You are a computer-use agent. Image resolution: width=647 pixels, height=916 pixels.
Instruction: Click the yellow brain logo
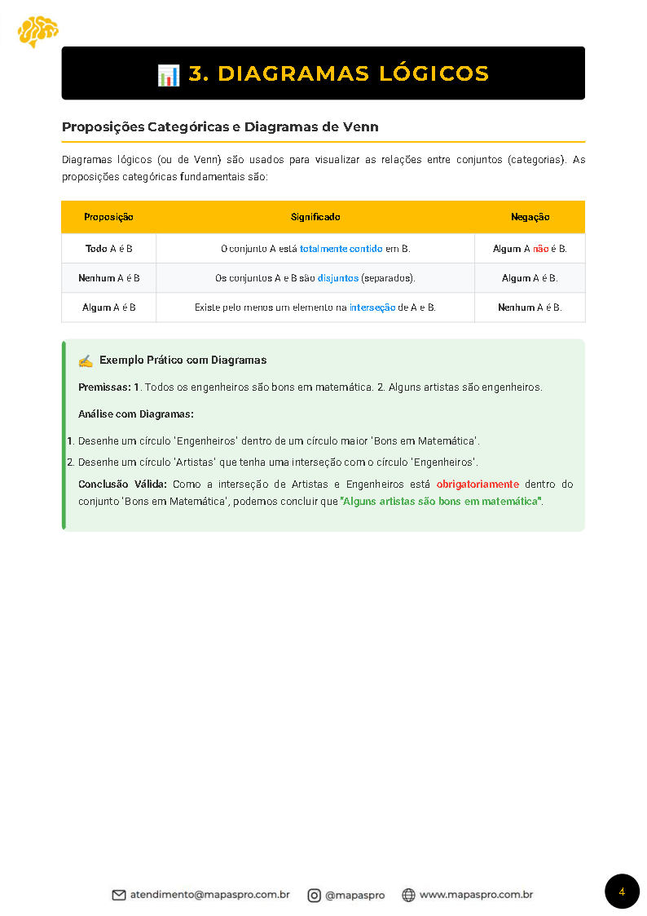point(37,31)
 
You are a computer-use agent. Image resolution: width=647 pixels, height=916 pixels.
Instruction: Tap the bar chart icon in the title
point(169,74)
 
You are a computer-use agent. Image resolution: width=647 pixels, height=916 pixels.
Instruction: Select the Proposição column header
point(108,217)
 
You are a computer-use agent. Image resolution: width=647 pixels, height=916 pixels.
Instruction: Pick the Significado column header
point(315,217)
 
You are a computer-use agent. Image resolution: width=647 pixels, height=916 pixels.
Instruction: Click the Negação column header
point(530,217)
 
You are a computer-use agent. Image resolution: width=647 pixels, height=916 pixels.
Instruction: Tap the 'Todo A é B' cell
point(108,249)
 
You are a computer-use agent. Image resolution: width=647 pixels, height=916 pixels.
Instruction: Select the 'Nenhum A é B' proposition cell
point(108,278)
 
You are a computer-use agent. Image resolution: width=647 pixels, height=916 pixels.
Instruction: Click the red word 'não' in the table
point(540,249)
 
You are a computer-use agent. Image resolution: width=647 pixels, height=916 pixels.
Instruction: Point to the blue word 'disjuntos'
point(337,278)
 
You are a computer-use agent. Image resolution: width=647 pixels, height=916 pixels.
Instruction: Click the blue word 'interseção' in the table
point(372,308)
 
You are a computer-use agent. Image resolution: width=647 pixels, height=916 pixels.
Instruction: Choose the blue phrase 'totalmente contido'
point(341,249)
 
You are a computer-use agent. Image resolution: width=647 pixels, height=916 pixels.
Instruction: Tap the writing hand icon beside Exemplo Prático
point(86,361)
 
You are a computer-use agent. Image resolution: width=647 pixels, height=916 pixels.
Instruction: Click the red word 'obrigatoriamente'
point(478,485)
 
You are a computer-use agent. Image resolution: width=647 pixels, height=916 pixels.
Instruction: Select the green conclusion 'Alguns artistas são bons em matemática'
point(442,501)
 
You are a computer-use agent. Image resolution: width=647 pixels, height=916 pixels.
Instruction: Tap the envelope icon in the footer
point(119,895)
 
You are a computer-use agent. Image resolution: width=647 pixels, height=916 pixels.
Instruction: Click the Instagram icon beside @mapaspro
point(314,895)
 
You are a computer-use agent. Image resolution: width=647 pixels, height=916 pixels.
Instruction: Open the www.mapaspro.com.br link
point(476,895)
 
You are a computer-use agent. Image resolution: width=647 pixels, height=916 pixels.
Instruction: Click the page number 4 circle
point(622,892)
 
